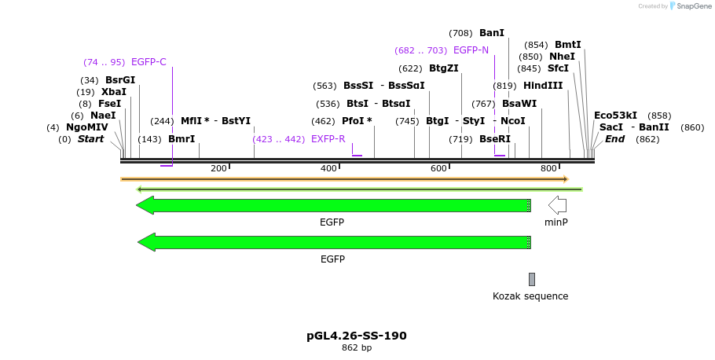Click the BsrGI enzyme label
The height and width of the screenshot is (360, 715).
120,80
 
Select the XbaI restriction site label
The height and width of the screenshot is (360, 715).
113,92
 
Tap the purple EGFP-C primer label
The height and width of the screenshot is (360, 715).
148,62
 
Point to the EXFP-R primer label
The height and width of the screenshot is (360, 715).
328,139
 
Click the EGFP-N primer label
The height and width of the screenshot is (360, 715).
471,50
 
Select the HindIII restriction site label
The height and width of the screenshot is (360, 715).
543,86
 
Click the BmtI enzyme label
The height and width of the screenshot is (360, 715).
567,45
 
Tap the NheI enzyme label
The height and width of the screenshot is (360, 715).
562,57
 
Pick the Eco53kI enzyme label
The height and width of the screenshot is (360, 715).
615,116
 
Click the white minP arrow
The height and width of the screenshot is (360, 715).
557,205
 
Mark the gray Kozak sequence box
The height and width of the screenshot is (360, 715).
532,279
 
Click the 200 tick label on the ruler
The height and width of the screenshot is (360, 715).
218,168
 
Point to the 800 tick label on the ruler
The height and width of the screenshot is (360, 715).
548,168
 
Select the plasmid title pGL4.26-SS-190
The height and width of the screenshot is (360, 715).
357,336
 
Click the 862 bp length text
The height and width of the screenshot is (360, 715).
357,347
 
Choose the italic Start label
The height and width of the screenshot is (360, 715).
90,139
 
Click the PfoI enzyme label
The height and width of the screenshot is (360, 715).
357,121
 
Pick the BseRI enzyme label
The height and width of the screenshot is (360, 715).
494,139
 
